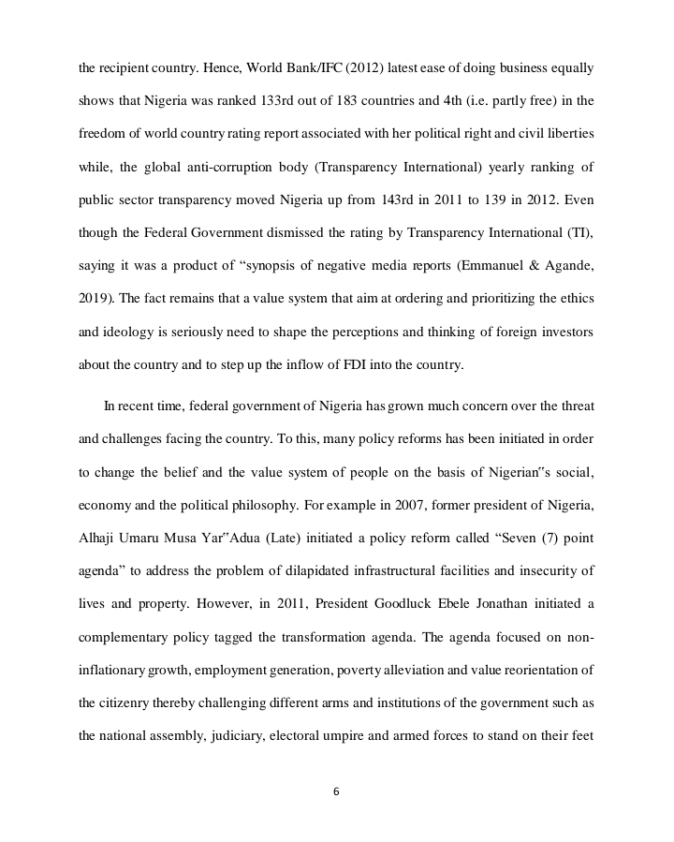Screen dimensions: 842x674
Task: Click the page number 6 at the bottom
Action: point(336,791)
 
